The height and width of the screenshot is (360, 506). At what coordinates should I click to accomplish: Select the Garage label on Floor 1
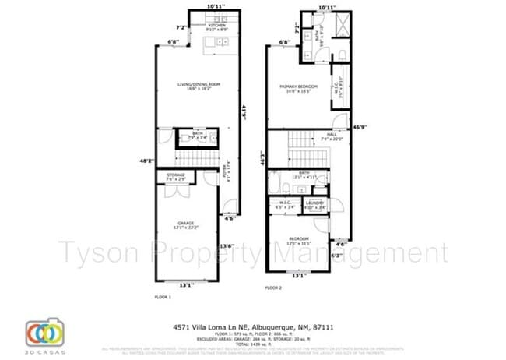[x=185, y=224]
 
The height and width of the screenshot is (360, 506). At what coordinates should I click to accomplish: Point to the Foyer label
[x=227, y=175]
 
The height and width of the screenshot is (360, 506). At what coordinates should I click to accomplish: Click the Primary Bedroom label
[x=296, y=87]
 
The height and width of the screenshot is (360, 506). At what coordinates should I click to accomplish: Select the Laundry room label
[x=314, y=206]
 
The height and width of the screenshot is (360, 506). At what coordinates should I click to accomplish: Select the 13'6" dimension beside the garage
[x=227, y=246]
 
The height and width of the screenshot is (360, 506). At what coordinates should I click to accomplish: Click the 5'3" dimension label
[x=336, y=256]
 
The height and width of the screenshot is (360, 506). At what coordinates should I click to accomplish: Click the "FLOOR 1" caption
[x=162, y=297]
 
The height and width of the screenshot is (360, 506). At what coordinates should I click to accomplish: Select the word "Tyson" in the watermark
[x=101, y=253]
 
